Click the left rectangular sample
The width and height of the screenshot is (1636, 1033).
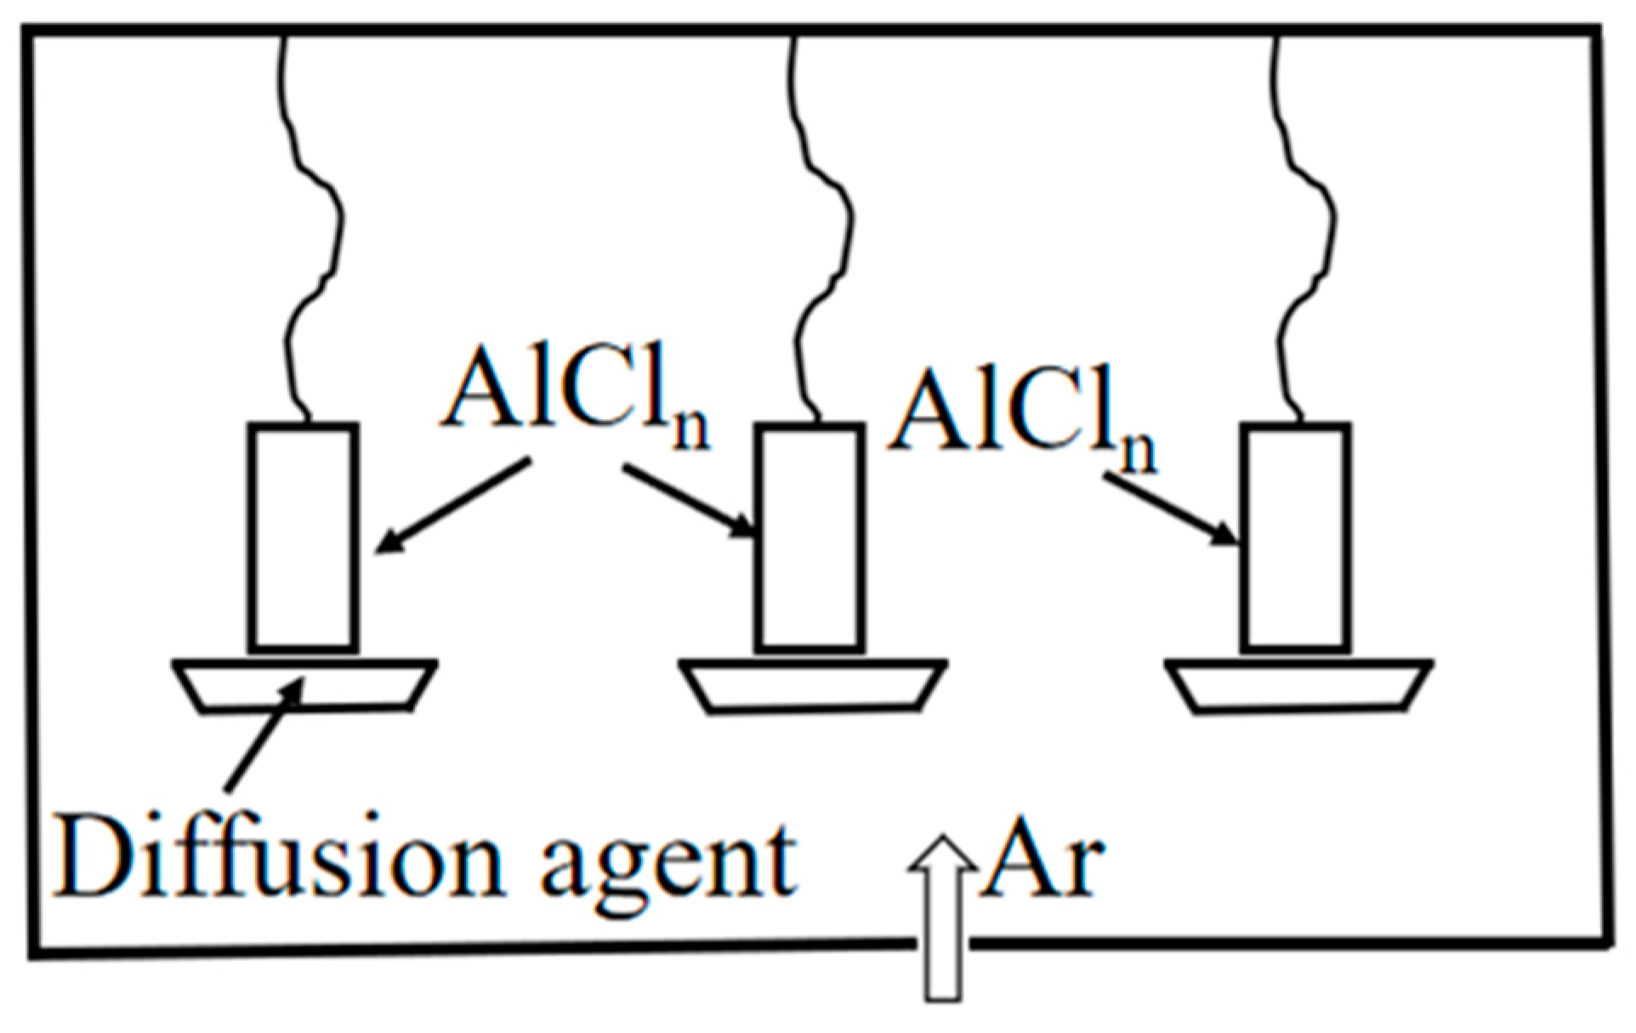304,537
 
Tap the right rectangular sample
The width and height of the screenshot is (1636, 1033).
1296,537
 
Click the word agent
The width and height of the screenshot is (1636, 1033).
667,863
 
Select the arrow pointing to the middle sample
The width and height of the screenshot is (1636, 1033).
689,502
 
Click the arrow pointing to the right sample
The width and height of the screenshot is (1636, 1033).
1168,510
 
